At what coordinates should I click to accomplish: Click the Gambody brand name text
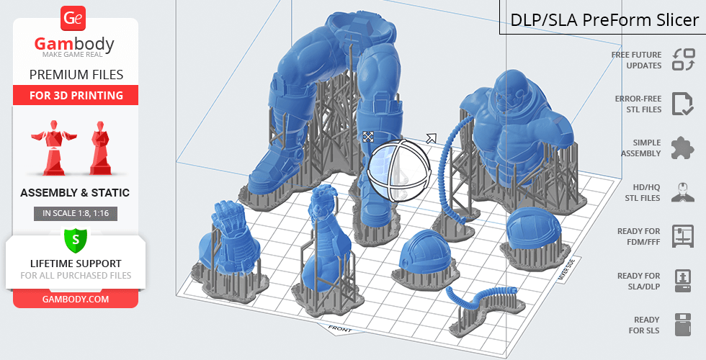pos(75,45)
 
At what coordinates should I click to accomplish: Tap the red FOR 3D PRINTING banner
pos(76,95)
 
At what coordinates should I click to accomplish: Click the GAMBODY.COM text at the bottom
pos(76,298)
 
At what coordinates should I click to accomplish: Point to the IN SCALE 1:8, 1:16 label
pos(75,213)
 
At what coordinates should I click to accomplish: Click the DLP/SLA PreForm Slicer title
pos(604,19)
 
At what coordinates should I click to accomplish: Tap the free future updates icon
pos(683,60)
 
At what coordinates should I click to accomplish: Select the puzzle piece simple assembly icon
pos(682,148)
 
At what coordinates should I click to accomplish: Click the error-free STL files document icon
pos(682,104)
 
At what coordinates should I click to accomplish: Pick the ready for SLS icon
pos(682,325)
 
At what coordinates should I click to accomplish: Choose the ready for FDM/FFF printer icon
pos(682,236)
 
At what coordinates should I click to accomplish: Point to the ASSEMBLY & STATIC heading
pos(75,193)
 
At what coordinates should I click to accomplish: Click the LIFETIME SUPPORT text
pos(76,263)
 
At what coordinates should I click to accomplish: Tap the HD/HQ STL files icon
pos(682,192)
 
